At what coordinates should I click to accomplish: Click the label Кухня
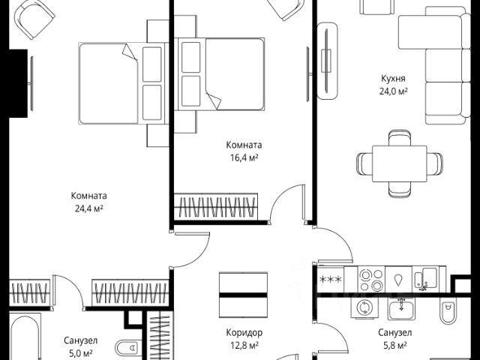393,78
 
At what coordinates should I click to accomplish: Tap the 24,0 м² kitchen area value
393,91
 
